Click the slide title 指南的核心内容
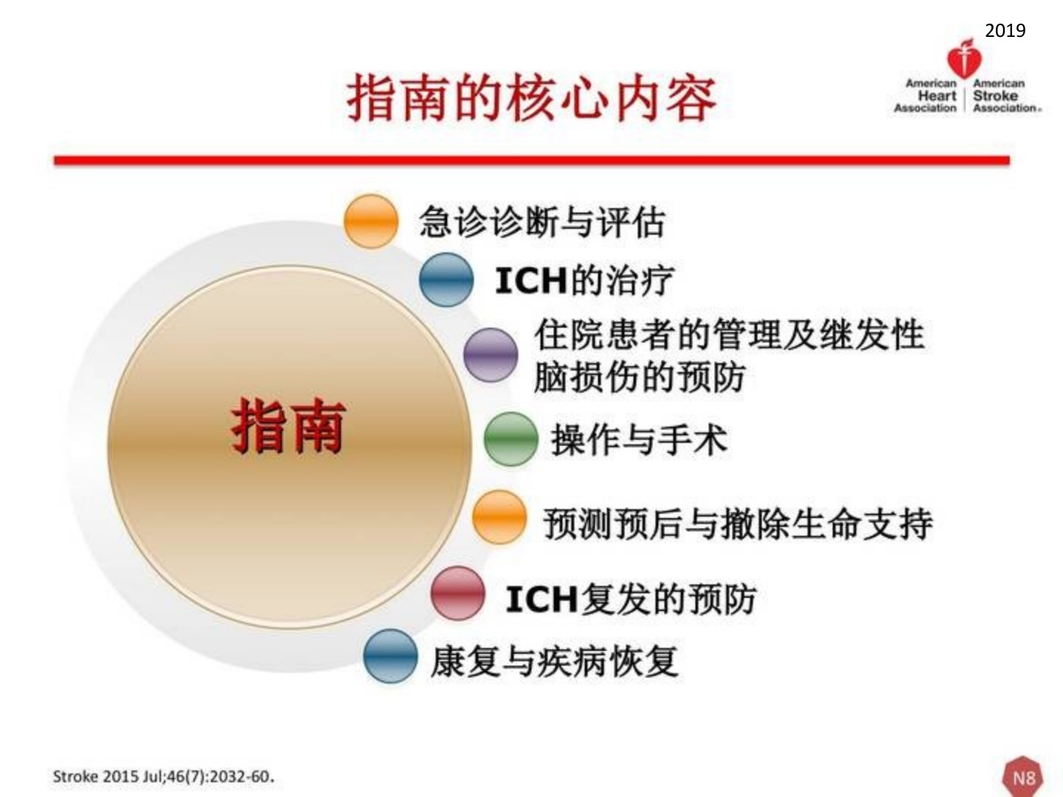tap(531, 97)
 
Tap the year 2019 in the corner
tap(1005, 30)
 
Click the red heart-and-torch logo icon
tap(964, 58)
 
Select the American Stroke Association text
tap(1005, 96)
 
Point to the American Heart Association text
tap(926, 96)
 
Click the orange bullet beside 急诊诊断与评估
tap(371, 221)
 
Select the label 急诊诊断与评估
tap(542, 221)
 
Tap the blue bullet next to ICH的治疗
tap(446, 280)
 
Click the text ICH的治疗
tap(584, 280)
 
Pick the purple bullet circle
tap(491, 355)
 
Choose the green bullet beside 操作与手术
tap(511, 439)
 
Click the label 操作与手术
tap(639, 439)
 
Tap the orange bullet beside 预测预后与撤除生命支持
tap(499, 517)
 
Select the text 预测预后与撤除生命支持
tap(737, 523)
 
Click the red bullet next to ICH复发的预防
tap(458, 593)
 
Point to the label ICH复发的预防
tap(630, 599)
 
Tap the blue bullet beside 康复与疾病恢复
tap(391, 656)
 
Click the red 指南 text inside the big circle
tap(289, 427)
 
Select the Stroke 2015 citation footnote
tap(163, 776)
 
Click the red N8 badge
tap(1023, 777)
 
